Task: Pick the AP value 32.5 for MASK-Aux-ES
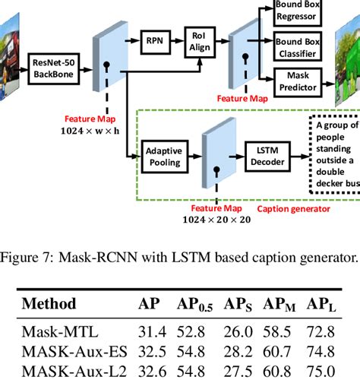pyautogui.click(x=152, y=350)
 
